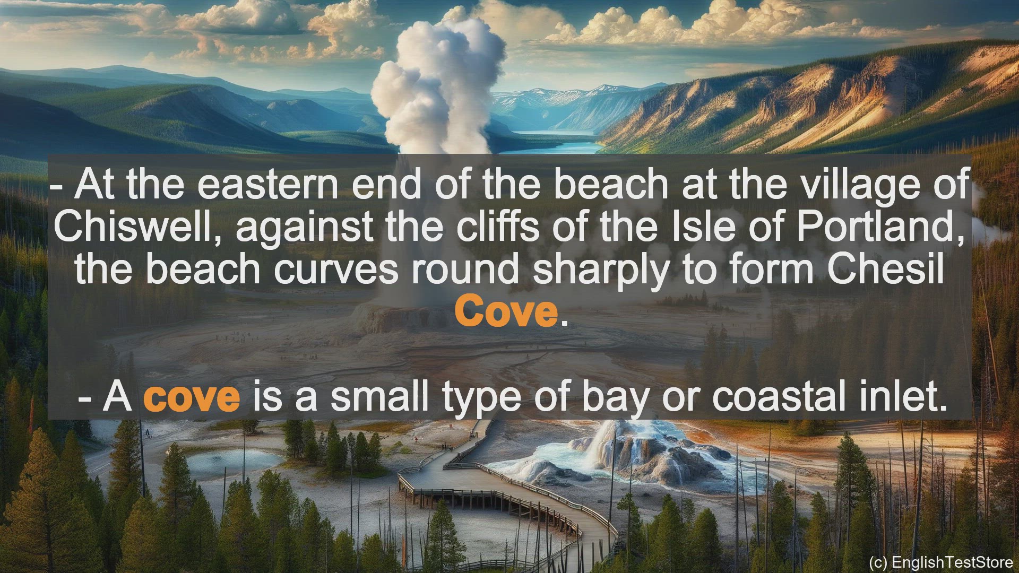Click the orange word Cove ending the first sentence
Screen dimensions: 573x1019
click(506, 312)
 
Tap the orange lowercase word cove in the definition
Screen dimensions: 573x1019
click(192, 397)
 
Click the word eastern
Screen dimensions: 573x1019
click(267, 184)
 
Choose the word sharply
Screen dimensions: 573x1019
click(601, 269)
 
